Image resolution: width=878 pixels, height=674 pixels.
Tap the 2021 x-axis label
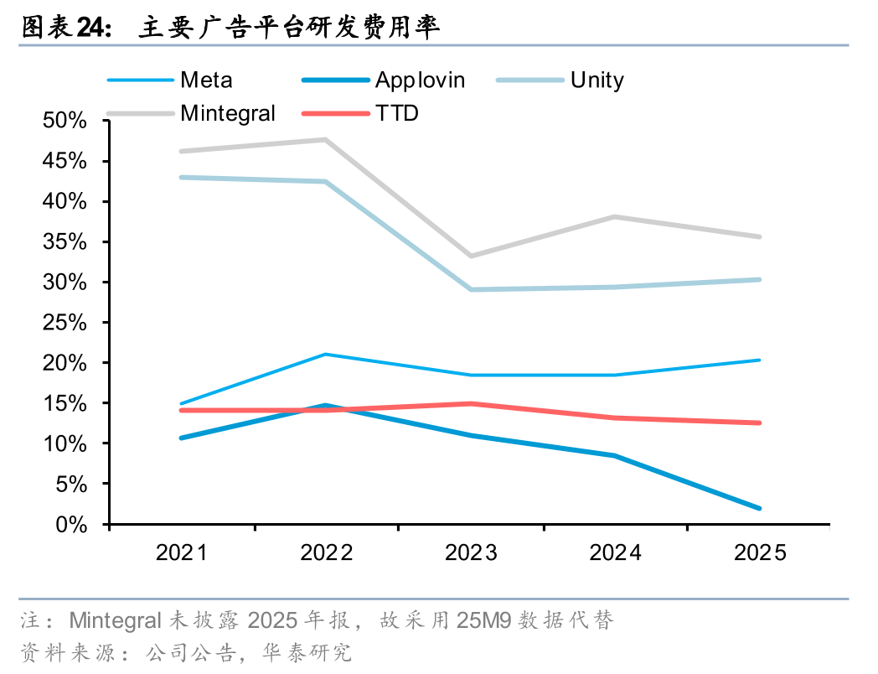click(x=182, y=553)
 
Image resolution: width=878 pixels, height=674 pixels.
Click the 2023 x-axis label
click(x=471, y=553)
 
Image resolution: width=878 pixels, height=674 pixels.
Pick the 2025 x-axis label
click(x=760, y=553)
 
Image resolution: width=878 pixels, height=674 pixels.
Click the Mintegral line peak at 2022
click(x=326, y=139)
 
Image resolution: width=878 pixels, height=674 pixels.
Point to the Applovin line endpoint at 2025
click(x=759, y=508)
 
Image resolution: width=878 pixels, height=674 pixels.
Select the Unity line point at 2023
click(x=471, y=289)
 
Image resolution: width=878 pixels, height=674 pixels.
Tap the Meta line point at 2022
click(x=326, y=355)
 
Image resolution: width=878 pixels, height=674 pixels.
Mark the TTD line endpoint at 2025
click(x=759, y=423)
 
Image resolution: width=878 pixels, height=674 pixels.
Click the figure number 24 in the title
click(x=91, y=28)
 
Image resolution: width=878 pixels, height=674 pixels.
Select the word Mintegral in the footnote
click(x=115, y=621)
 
